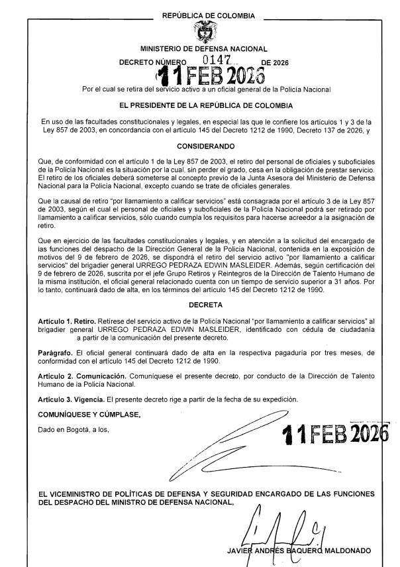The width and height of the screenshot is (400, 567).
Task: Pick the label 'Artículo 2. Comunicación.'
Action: click(81, 376)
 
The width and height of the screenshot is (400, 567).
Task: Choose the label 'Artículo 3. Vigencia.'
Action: click(72, 399)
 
